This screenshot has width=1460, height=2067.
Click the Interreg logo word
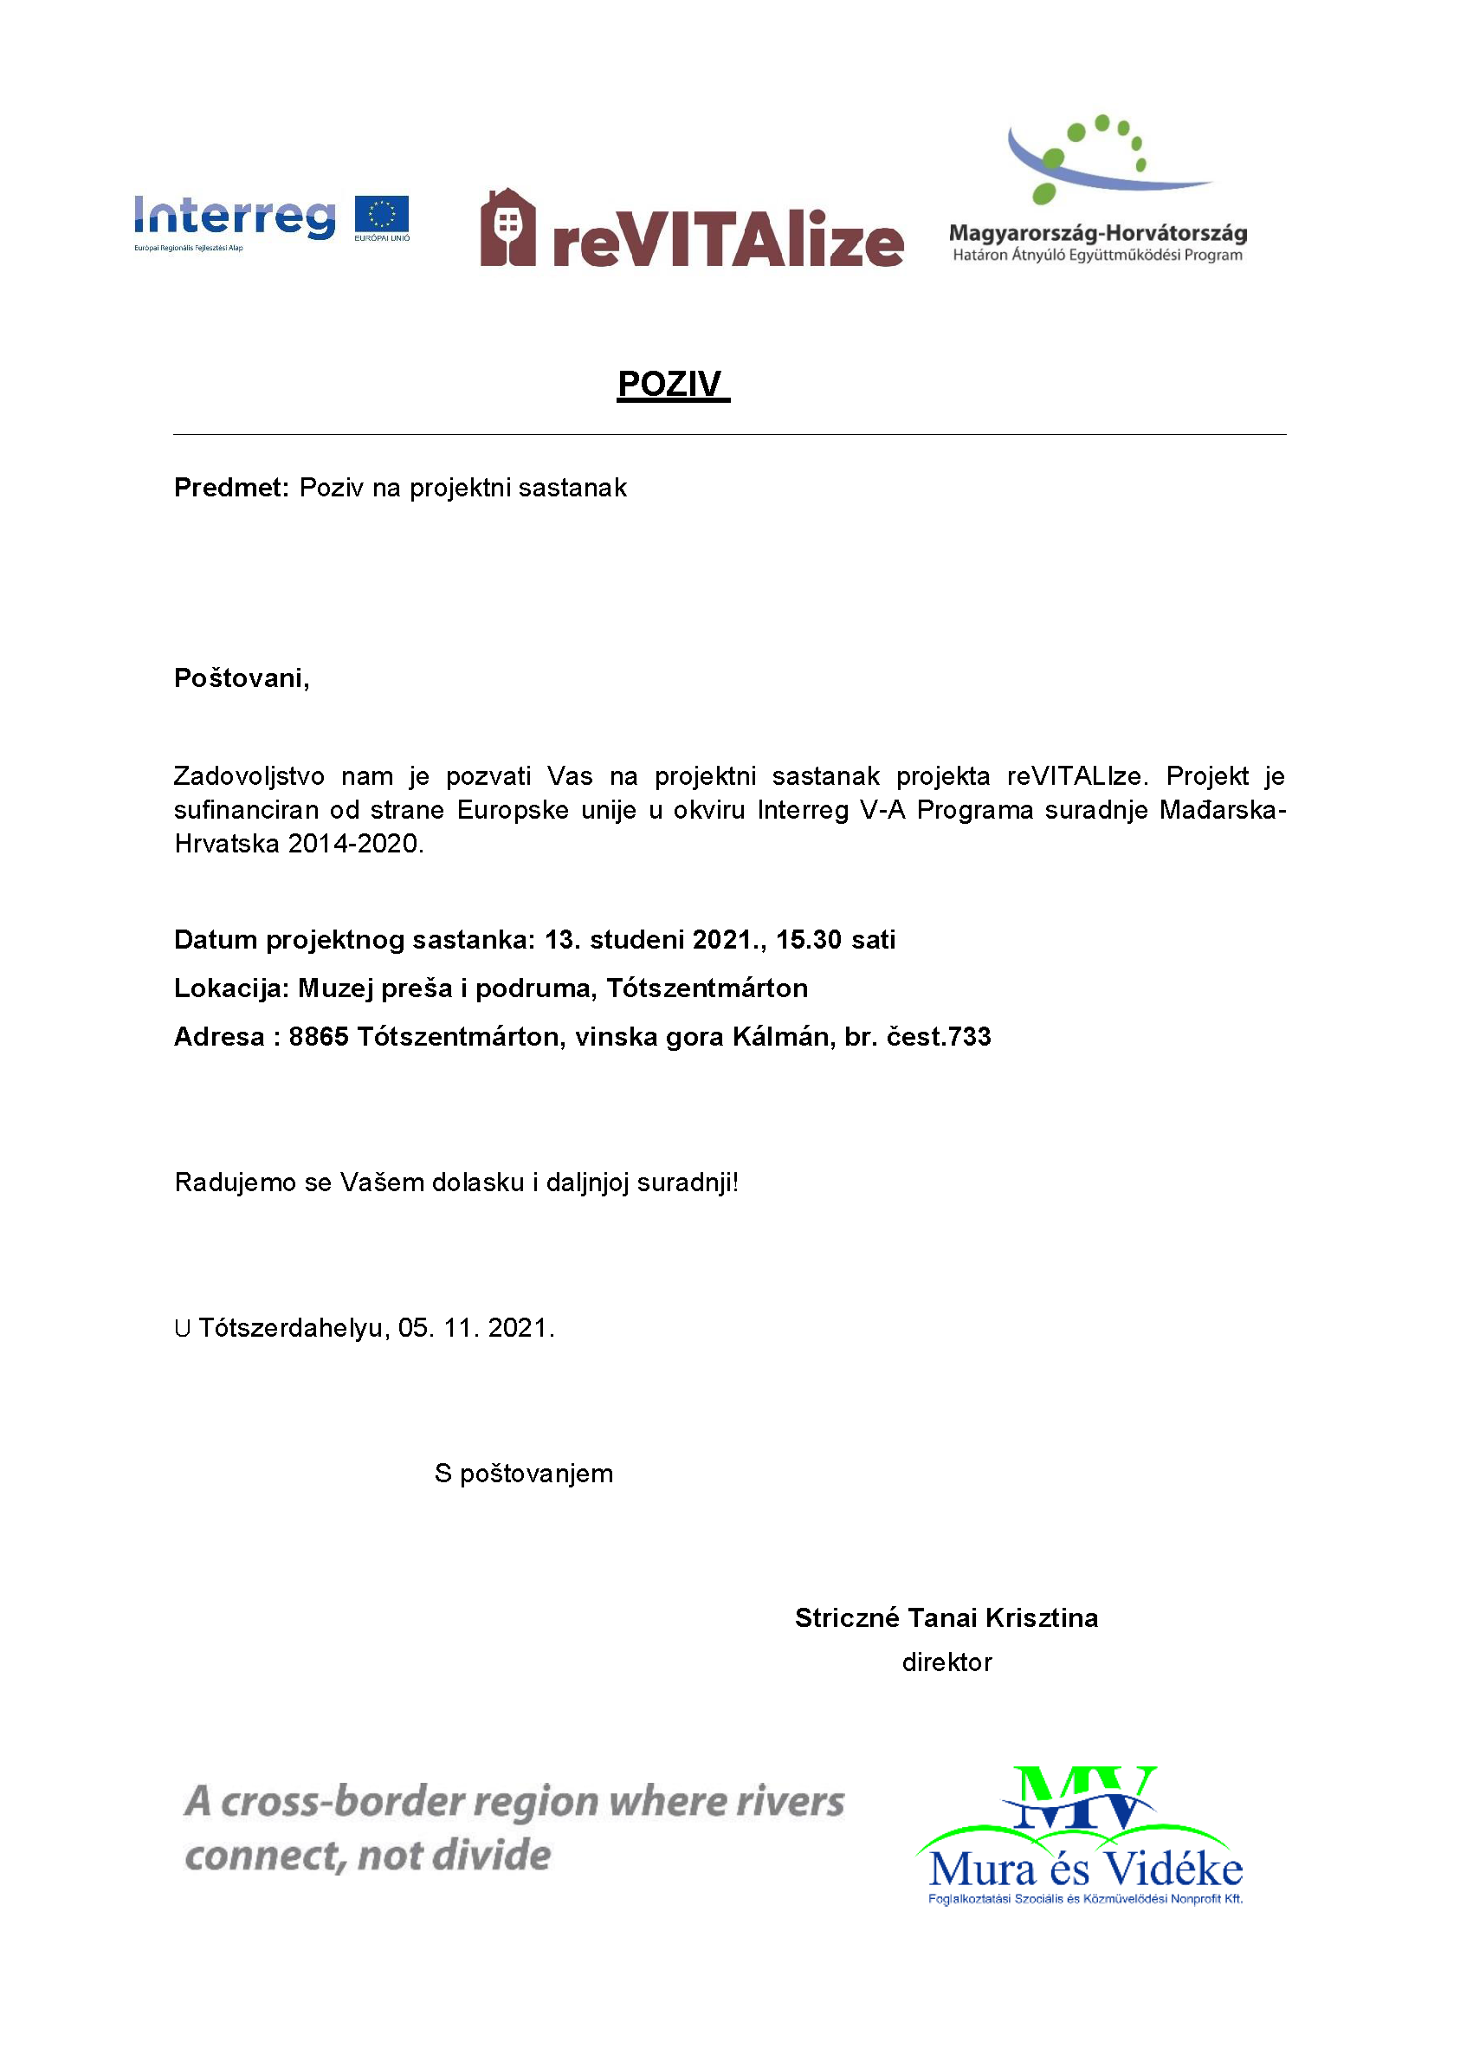click(234, 217)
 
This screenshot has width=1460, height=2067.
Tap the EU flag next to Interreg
click(382, 217)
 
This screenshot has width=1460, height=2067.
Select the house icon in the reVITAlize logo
click(507, 228)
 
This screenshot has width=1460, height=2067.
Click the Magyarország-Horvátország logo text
click(1097, 233)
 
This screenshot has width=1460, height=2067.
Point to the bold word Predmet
click(230, 487)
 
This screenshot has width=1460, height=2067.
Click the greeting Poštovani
click(242, 678)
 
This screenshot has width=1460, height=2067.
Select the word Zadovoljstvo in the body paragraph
click(249, 776)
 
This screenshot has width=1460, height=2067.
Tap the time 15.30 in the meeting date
click(808, 940)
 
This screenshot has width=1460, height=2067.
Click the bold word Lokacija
click(230, 988)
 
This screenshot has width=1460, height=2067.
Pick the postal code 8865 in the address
click(318, 1037)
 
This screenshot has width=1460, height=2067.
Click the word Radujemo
click(234, 1182)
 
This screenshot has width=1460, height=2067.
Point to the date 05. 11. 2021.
click(475, 1328)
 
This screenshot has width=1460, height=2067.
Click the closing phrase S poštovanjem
click(523, 1474)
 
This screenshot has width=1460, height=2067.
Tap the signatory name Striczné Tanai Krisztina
click(946, 1617)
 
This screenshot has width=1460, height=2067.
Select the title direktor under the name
click(946, 1662)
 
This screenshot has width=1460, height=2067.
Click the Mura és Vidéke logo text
click(1086, 1870)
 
